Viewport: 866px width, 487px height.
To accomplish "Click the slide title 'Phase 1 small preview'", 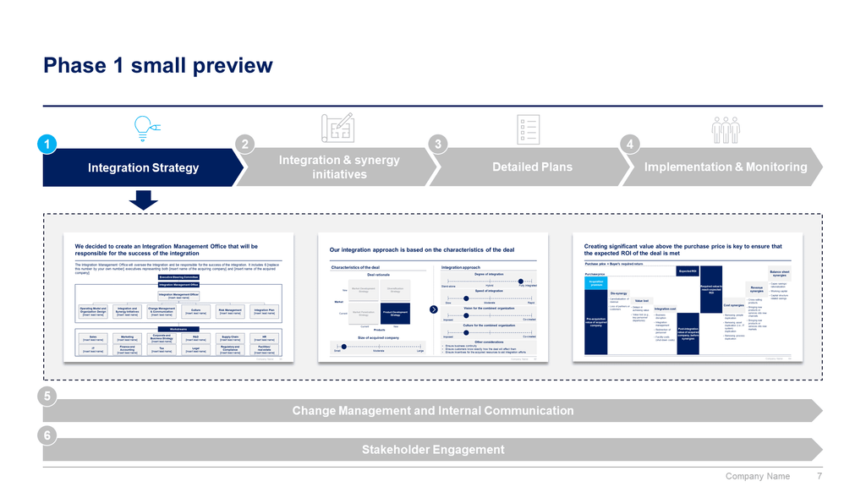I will tap(158, 66).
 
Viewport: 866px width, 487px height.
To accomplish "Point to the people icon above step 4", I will tap(725, 128).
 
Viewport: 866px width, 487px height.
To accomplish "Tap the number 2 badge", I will tap(244, 145).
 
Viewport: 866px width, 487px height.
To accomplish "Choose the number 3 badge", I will tap(437, 145).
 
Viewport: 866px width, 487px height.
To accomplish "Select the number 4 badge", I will tap(629, 145).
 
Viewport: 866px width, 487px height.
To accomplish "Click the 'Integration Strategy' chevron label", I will tap(143, 167).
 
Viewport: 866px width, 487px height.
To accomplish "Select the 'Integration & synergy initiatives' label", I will tap(339, 167).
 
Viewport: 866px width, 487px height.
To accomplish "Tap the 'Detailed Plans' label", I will tap(532, 167).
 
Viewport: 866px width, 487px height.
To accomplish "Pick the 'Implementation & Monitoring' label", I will tap(726, 167).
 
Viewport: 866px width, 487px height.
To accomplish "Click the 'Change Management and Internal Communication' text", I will tap(432, 411).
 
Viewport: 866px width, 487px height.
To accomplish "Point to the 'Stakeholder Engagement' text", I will tap(432, 450).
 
